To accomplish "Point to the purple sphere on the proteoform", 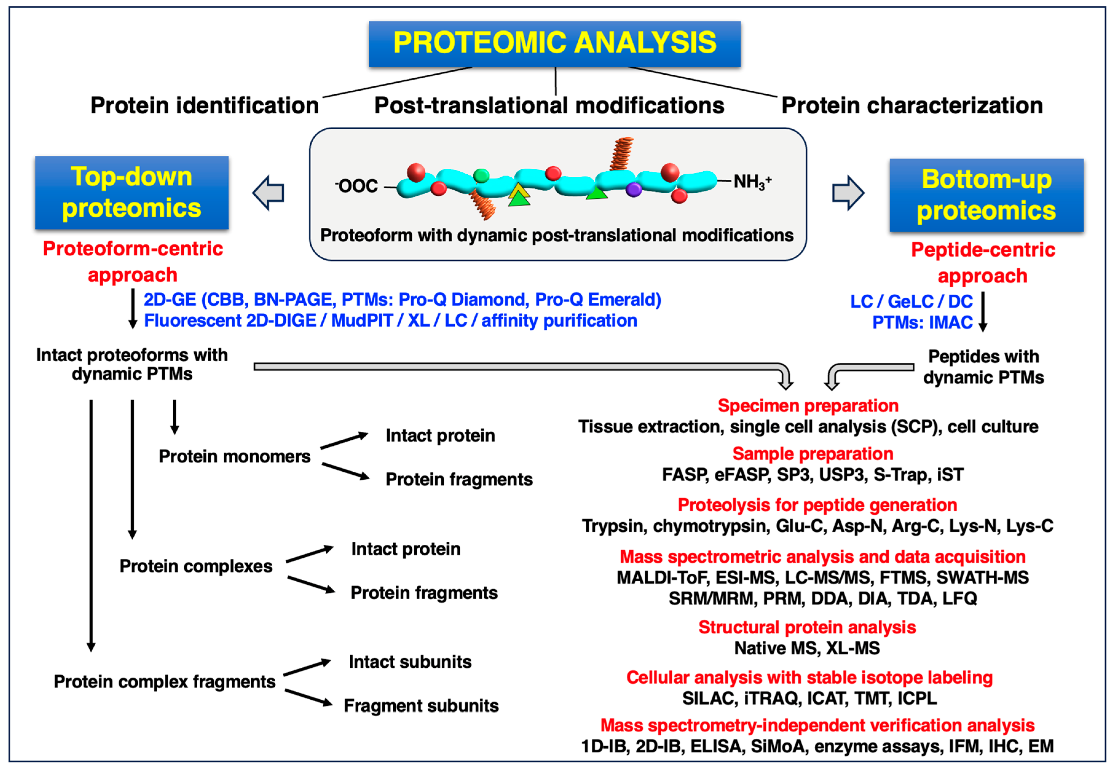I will pyautogui.click(x=633, y=190).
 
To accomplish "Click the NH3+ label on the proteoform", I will pyautogui.click(x=752, y=182).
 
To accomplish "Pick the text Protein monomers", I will pyautogui.click(x=234, y=456).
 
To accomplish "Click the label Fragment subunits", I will pyautogui.click(x=421, y=705).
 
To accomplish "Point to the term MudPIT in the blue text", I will pyautogui.click(x=362, y=320).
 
